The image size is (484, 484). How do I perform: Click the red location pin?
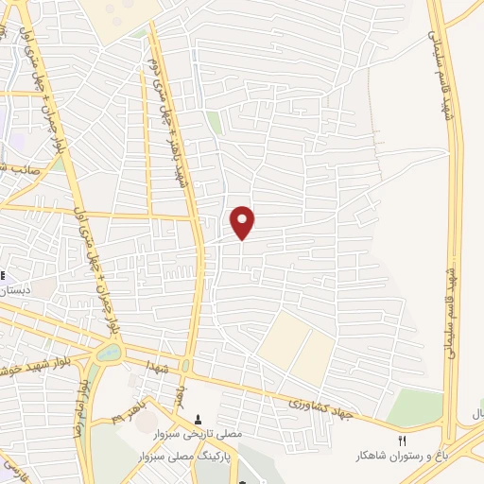click(243, 222)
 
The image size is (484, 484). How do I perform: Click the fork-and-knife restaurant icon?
click(401, 441)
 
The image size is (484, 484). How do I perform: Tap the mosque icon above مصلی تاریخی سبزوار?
click(198, 418)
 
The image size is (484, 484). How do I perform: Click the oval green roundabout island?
click(108, 354)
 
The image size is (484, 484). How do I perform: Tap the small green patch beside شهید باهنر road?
click(215, 124)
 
